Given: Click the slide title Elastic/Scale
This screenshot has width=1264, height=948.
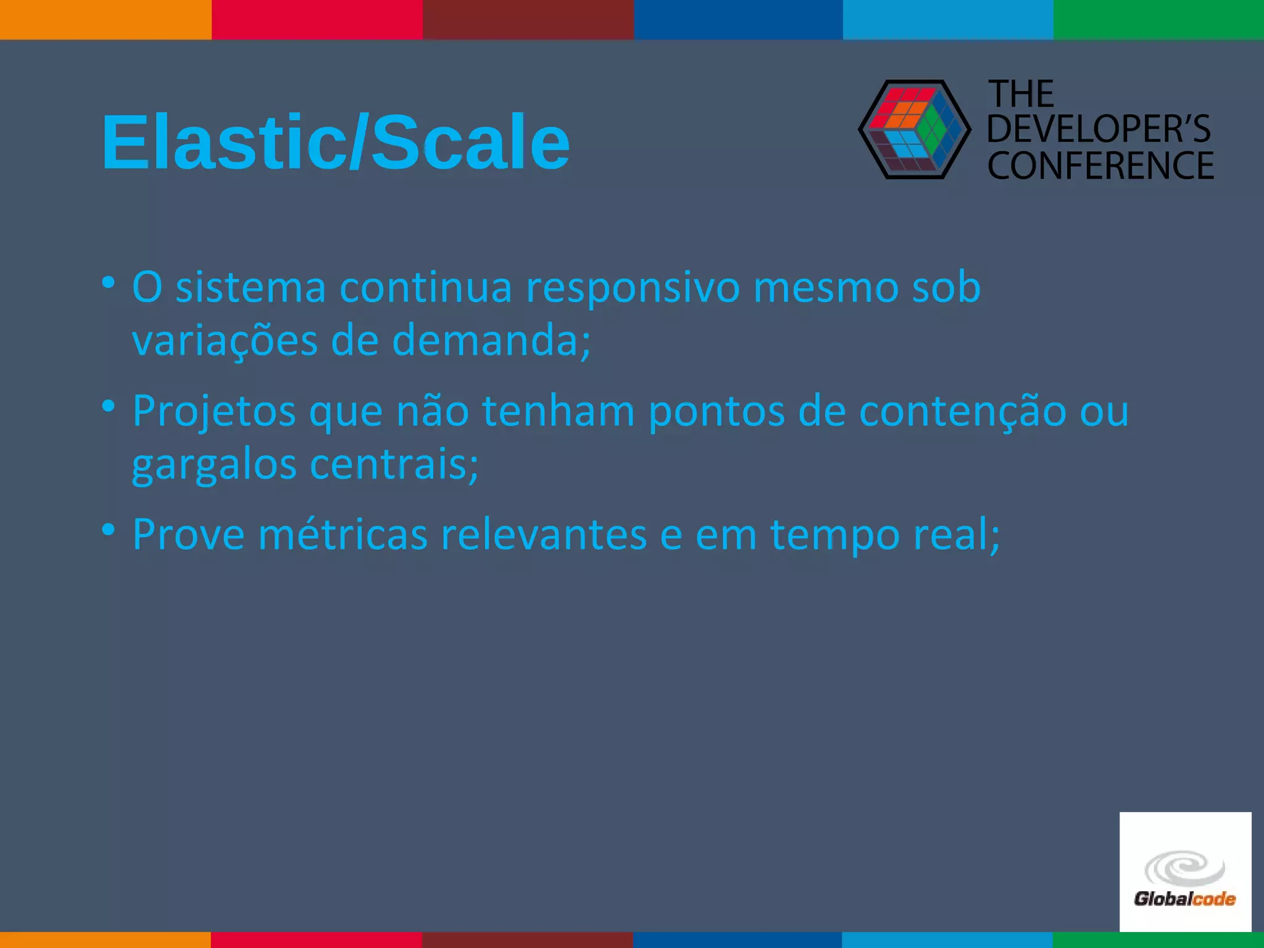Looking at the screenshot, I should coord(335,143).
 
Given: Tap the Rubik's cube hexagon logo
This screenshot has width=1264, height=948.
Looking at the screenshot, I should coord(915,130).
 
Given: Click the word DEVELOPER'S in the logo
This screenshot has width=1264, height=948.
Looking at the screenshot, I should coord(1099,129).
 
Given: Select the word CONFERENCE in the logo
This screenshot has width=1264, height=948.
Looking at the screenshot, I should coord(1100,165).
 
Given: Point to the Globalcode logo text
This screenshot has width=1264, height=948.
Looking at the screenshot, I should coord(1184,899).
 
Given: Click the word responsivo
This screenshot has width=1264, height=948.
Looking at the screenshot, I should coord(632,288).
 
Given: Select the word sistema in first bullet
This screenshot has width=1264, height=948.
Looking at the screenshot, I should coord(251,288).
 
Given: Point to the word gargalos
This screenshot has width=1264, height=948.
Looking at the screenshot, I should coord(214,465).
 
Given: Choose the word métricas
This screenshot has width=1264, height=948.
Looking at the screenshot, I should coord(343,534).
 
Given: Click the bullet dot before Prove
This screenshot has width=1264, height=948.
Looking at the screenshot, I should coord(109,530).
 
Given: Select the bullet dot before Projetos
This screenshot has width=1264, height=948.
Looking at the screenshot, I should coord(109,407).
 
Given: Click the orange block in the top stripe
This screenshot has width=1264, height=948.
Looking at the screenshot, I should coord(106,19).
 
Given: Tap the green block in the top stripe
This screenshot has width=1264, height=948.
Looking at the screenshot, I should coord(1158,19).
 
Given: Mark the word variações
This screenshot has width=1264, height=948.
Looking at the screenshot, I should coord(225,341).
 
